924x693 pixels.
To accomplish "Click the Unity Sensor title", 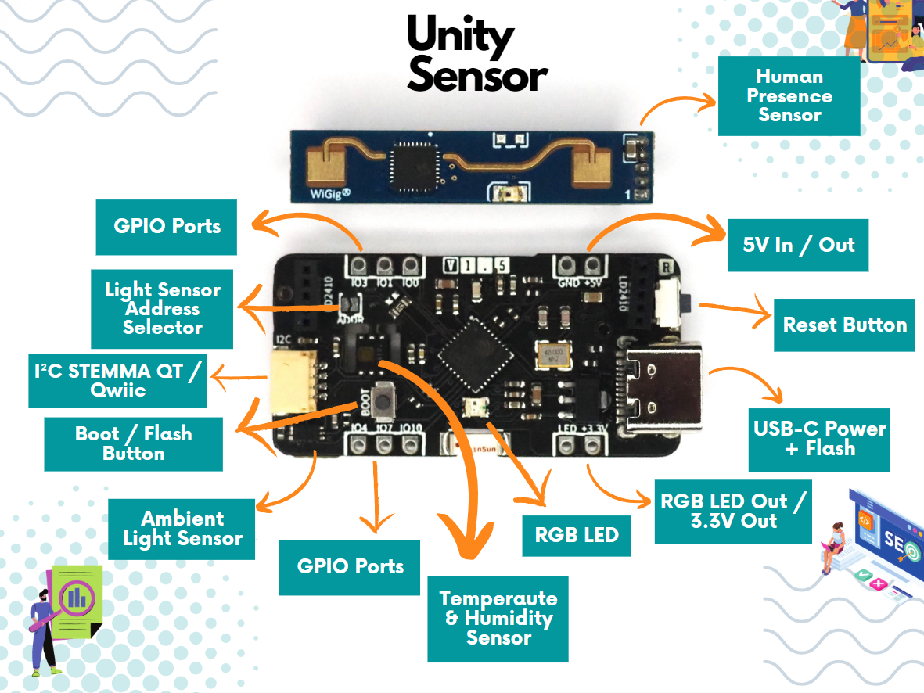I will click(x=476, y=55).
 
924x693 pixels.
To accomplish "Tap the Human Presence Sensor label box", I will click(x=789, y=95).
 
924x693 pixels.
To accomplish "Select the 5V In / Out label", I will click(x=797, y=245).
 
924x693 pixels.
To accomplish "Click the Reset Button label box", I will click(x=844, y=325).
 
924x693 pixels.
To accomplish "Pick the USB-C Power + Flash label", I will click(x=819, y=439).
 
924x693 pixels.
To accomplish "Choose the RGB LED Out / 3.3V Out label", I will click(x=732, y=512).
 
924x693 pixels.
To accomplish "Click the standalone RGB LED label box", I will click(x=576, y=535).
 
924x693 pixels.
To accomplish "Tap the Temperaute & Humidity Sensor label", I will click(x=498, y=618).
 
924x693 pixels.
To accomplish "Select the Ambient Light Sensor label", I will click(x=182, y=529).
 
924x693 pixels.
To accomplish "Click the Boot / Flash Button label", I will click(x=133, y=443).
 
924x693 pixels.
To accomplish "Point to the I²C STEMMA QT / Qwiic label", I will click(x=117, y=380).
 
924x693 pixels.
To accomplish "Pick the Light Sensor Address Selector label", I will click(x=162, y=309).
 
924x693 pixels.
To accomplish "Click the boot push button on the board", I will click(x=383, y=402).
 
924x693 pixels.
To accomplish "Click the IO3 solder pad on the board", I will click(x=360, y=264).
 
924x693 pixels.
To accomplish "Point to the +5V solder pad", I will click(x=593, y=264).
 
